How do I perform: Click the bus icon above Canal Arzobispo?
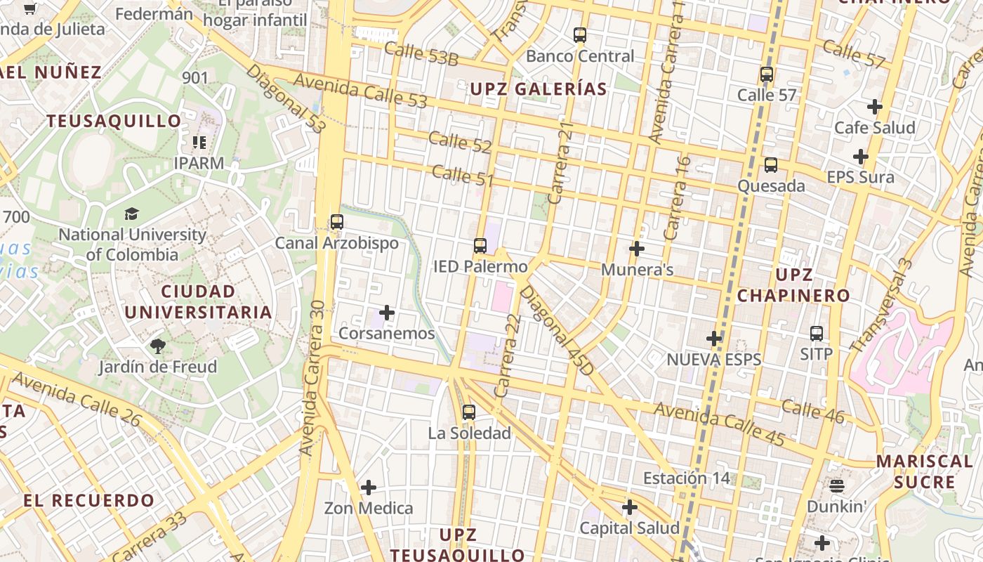coord(337,222)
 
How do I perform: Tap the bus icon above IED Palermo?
coord(480,245)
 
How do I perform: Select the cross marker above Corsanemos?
coord(387,313)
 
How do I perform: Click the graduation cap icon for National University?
coord(132,214)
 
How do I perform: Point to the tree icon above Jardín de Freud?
coord(157,346)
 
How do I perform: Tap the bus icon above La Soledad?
coord(469,412)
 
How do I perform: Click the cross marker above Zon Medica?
coord(368,487)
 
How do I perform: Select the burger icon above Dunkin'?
coord(836,485)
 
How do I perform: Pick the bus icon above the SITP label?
coord(816,333)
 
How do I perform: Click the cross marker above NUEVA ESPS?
coord(714,339)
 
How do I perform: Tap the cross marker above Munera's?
coord(637,249)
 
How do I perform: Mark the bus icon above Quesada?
coord(771,165)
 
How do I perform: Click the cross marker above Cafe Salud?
coord(874,107)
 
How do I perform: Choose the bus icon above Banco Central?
coord(580,34)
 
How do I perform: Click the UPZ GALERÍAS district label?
coord(539,89)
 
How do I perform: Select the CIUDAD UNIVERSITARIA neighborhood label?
coord(198,302)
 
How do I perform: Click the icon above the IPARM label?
coord(199,143)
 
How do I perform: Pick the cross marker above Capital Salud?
coord(630,507)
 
